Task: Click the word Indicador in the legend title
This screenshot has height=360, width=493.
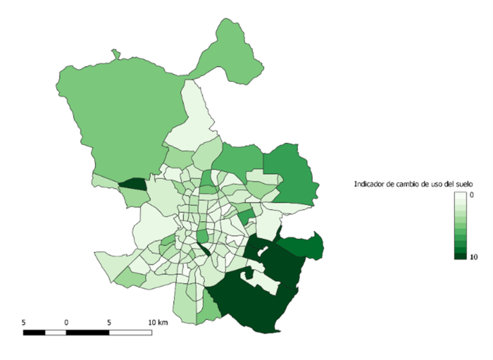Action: [x=371, y=185]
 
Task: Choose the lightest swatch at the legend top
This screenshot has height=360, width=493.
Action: [x=460, y=197]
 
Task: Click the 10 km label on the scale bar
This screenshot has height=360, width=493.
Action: [x=158, y=322]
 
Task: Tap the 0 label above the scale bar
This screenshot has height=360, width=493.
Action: [x=66, y=322]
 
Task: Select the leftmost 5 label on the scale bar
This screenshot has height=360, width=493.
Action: [x=23, y=322]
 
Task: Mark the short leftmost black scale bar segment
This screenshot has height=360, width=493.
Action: [x=34, y=333]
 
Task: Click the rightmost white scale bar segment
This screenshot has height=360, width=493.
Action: [x=130, y=333]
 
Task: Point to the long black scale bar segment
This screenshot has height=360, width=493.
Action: [x=87, y=333]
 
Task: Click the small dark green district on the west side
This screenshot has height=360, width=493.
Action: [x=132, y=184]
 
